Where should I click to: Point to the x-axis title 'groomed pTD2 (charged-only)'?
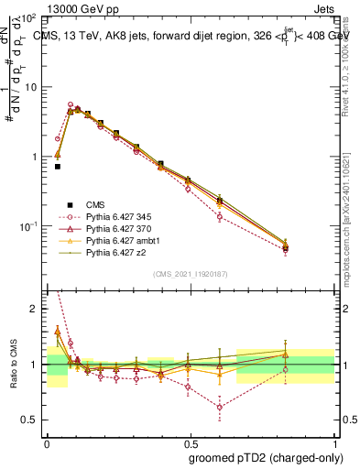(262, 459)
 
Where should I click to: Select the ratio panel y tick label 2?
(35, 310)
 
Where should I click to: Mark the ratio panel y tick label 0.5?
(31, 420)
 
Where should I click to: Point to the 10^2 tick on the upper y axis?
(28, 18)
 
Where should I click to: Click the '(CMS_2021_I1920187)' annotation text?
(191, 273)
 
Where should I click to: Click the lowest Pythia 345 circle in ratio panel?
(220, 408)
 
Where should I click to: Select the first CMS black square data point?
(57, 167)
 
